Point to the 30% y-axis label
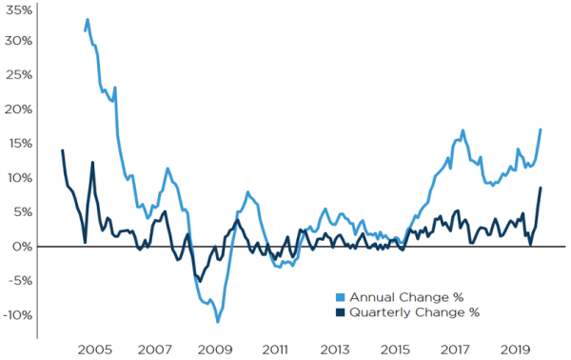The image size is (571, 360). pyautogui.click(x=18, y=42)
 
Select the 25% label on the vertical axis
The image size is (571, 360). pyautogui.click(x=18, y=76)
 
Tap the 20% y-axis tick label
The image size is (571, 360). pyautogui.click(x=18, y=110)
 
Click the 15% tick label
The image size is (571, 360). pyautogui.click(x=18, y=145)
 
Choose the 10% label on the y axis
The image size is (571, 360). pyautogui.click(x=18, y=179)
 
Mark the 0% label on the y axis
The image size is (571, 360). pyautogui.click(x=22, y=248)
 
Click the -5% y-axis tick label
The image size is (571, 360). pyautogui.click(x=18, y=282)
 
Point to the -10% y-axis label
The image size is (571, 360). pyautogui.click(x=16, y=316)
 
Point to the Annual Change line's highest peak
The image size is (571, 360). pyautogui.click(x=88, y=19)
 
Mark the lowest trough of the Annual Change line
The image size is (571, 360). pyautogui.click(x=218, y=322)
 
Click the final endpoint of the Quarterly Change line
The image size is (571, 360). pyautogui.click(x=541, y=188)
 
